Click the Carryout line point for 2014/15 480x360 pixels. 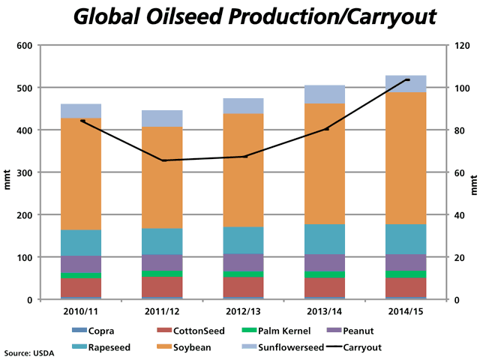click(407, 79)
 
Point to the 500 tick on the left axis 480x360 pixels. click(25, 88)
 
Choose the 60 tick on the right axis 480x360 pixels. click(457, 173)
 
